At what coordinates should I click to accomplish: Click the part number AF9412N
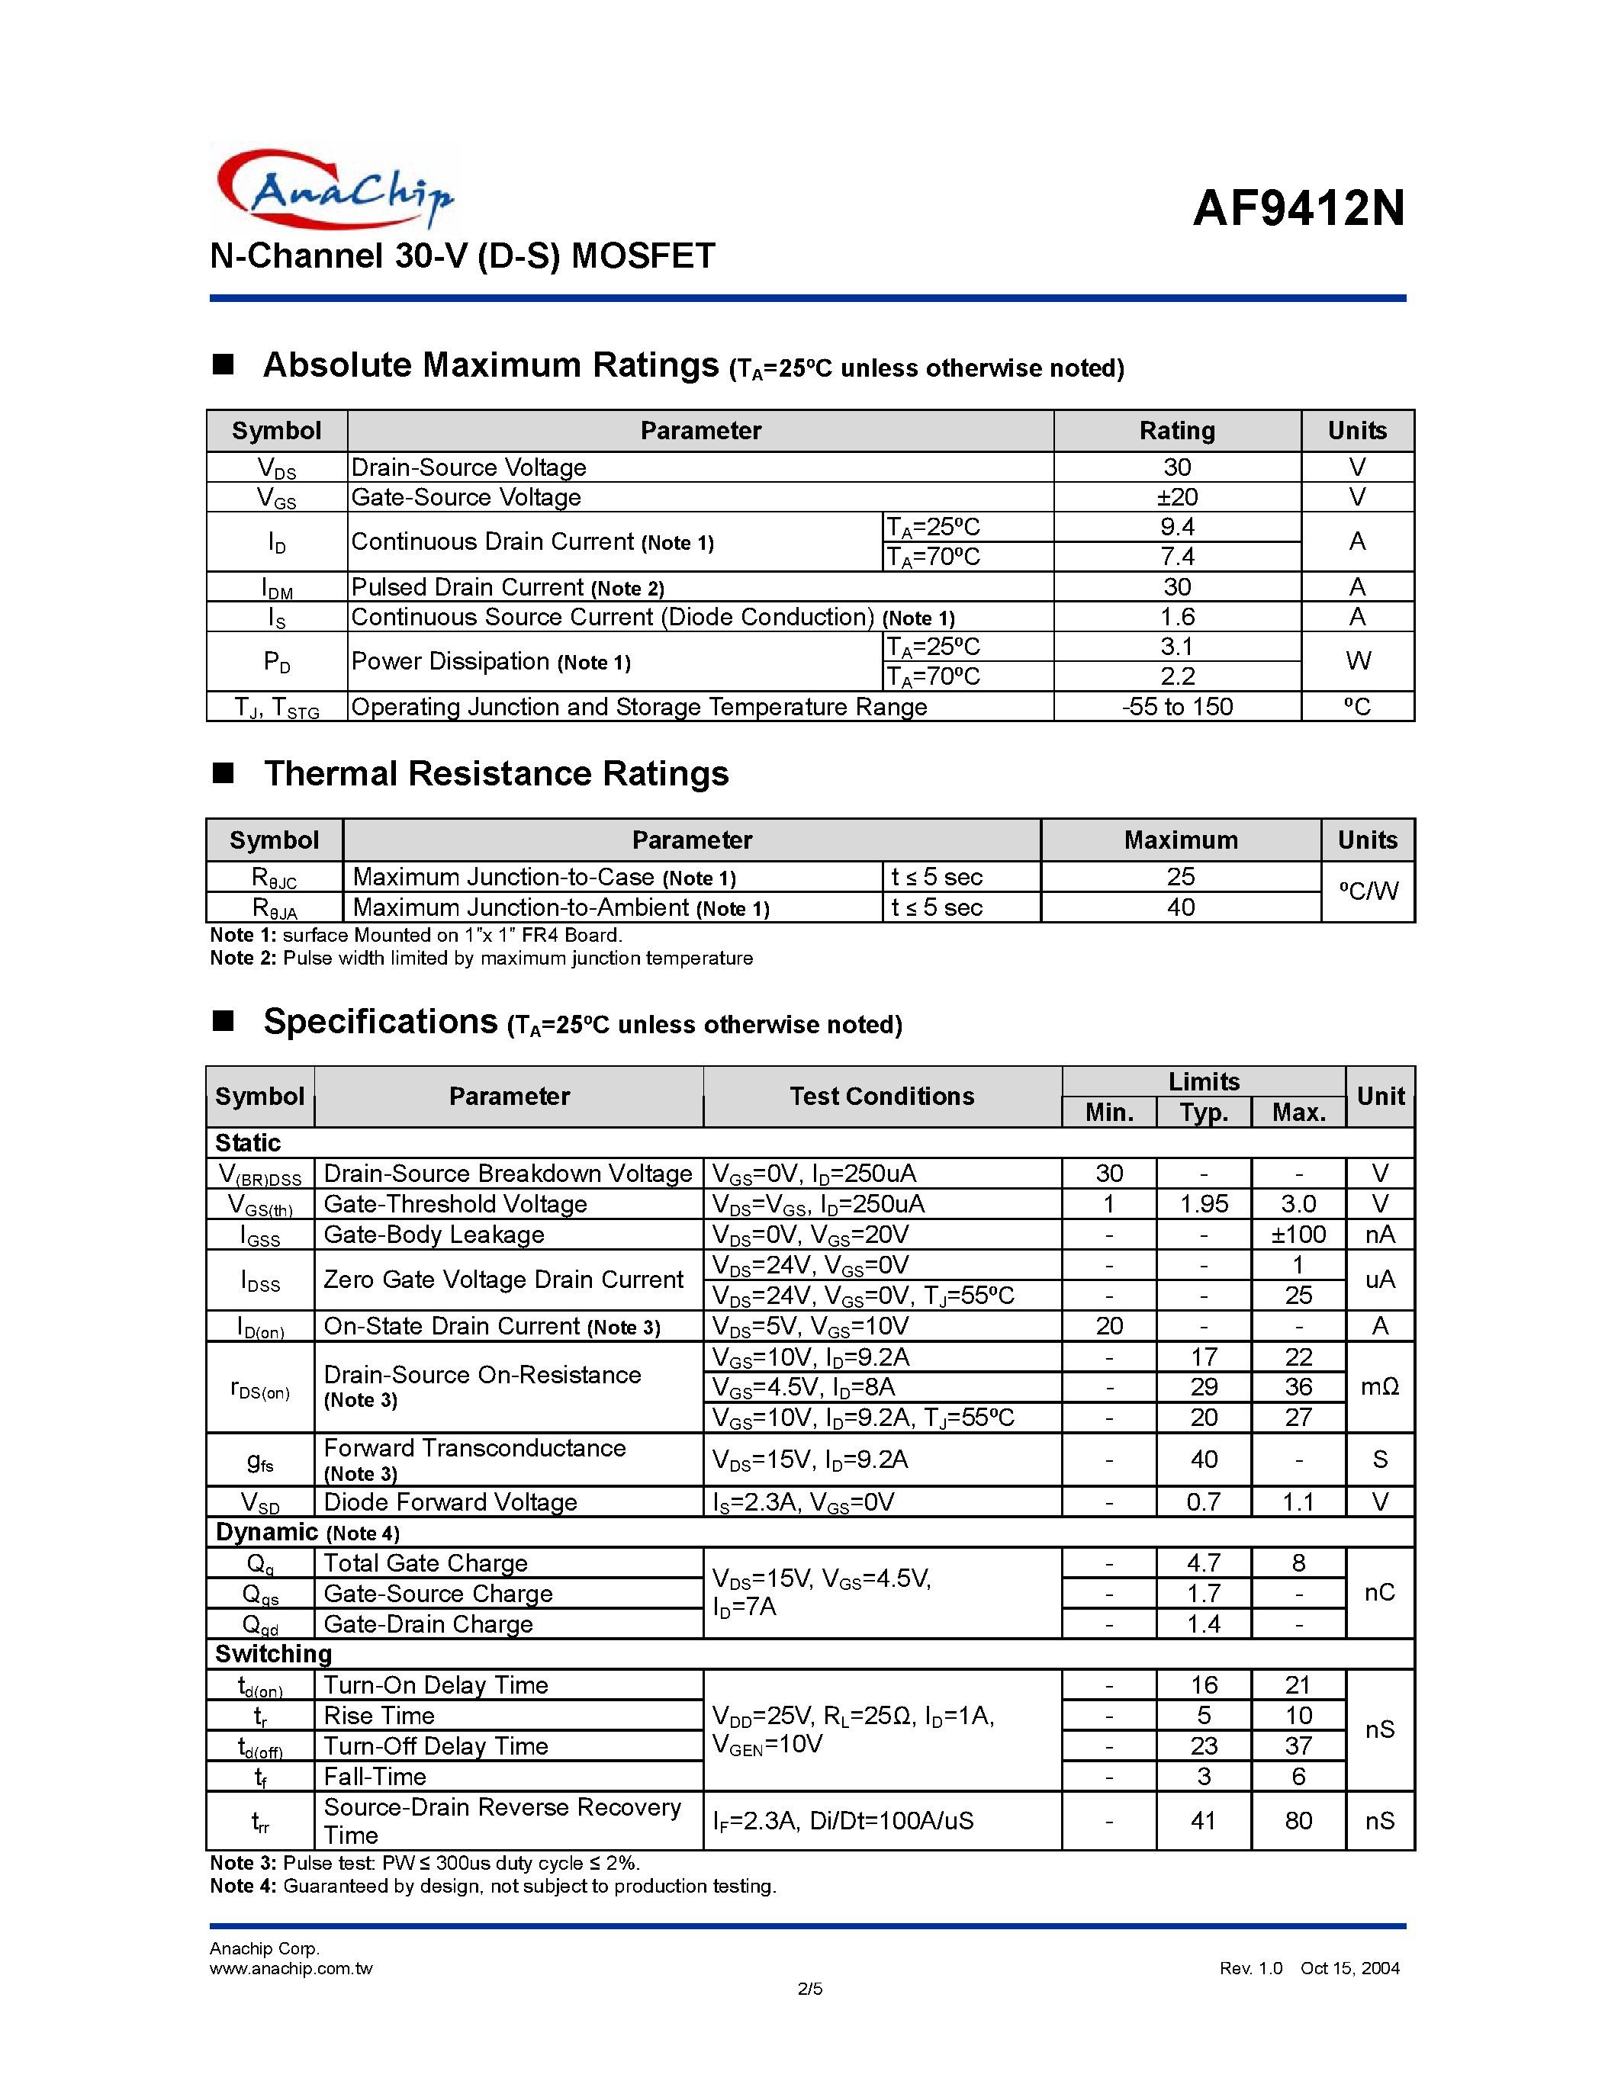tap(1298, 207)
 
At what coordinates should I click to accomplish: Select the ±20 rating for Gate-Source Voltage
tap(1176, 497)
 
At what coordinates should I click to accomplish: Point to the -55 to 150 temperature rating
tap(1176, 707)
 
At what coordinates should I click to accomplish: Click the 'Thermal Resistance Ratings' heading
tap(496, 773)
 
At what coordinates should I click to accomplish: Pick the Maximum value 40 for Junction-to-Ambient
tap(1180, 907)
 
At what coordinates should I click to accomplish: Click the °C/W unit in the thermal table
tap(1368, 891)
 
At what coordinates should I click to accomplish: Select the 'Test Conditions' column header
tap(882, 1097)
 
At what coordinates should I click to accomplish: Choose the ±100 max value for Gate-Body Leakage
tap(1298, 1235)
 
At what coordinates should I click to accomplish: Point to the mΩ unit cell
tap(1380, 1386)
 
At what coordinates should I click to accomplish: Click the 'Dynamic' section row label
tap(266, 1533)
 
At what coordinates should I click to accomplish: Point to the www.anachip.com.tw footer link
tap(291, 1968)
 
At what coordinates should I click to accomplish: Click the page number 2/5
tap(809, 1989)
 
